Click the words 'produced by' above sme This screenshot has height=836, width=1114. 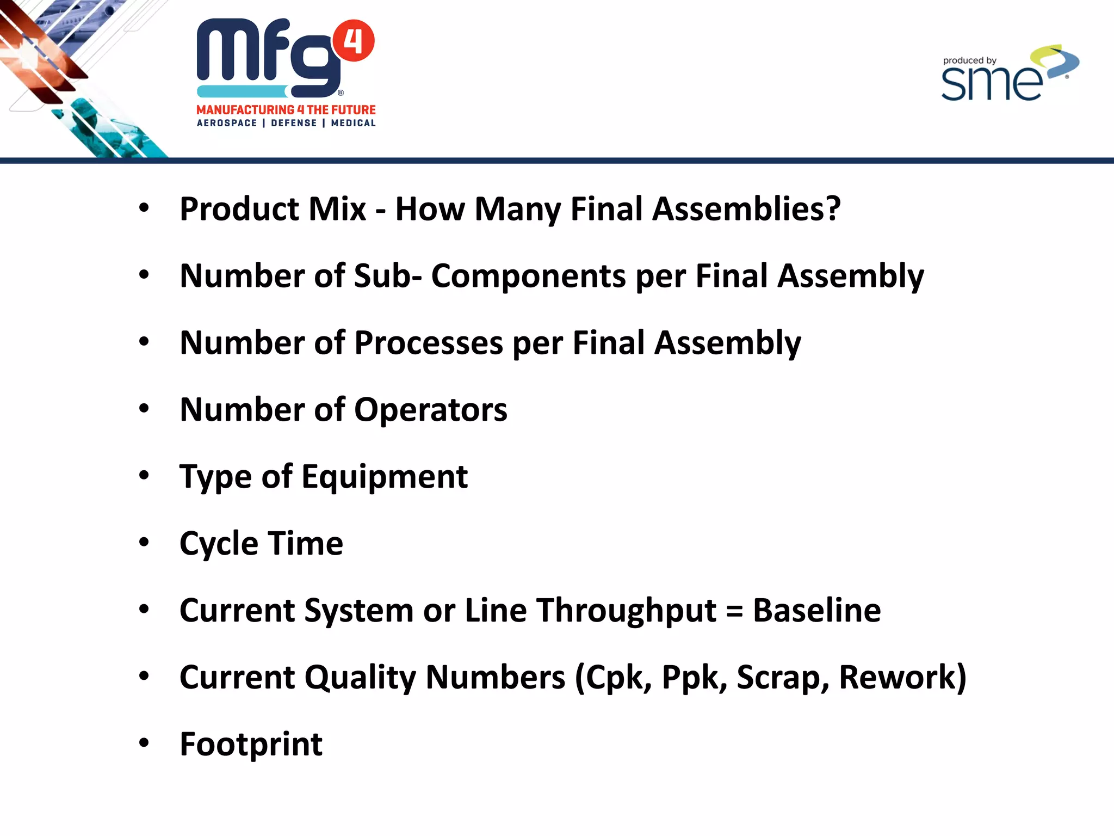[x=969, y=60]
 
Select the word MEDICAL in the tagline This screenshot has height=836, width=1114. [x=353, y=123]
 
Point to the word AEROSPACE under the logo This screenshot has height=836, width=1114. [x=227, y=123]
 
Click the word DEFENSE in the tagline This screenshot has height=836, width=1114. [x=294, y=123]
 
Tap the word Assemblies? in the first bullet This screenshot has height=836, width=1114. [x=746, y=209]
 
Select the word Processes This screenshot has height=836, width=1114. [x=429, y=343]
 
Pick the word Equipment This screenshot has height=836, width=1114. [x=385, y=477]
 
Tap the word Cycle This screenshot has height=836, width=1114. [x=219, y=544]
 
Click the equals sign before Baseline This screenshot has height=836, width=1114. [x=734, y=611]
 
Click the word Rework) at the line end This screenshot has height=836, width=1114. [x=902, y=678]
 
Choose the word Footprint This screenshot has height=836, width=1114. [x=251, y=744]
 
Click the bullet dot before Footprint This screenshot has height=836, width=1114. [x=144, y=743]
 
